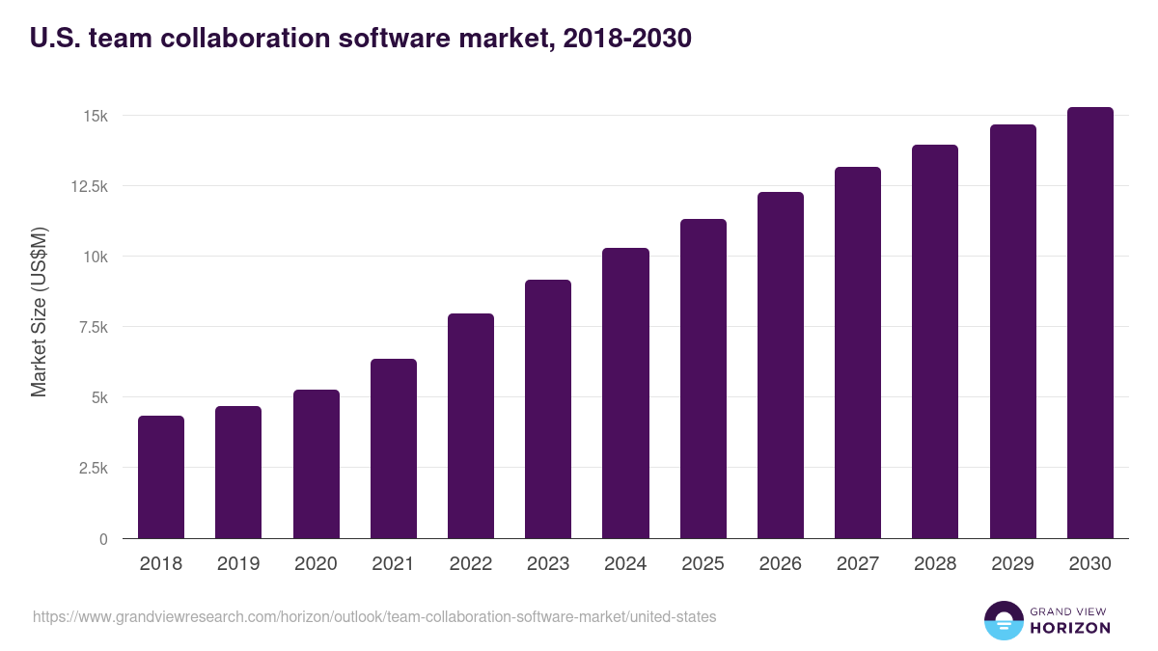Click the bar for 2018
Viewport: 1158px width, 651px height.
tap(161, 477)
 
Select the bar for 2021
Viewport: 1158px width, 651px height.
tap(394, 448)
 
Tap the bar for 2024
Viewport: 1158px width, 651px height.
tap(625, 393)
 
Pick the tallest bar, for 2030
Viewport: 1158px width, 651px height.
tap(1089, 323)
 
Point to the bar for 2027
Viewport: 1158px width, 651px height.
tap(858, 353)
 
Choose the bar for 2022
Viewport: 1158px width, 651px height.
tap(471, 426)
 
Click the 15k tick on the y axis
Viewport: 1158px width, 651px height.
tap(95, 116)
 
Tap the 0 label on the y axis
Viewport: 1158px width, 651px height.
tap(103, 539)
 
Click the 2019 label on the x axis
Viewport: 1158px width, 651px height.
tap(237, 563)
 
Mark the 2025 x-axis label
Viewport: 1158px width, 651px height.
tap(703, 563)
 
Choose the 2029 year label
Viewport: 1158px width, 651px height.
tap(1012, 563)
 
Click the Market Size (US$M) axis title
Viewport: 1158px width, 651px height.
tap(39, 311)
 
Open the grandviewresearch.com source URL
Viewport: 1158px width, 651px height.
tap(374, 616)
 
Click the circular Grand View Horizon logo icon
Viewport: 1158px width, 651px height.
tap(1003, 620)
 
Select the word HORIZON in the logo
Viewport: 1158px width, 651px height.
tap(1069, 628)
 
